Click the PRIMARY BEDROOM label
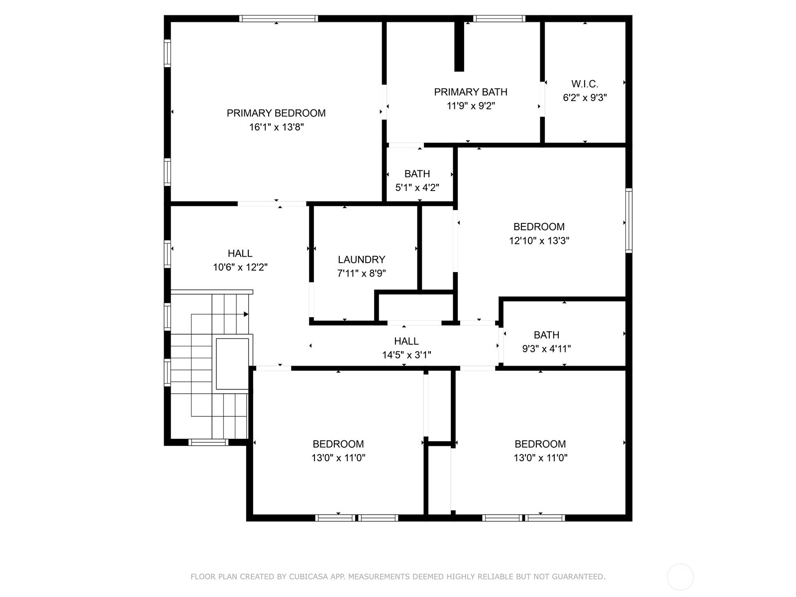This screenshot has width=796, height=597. coord(276,113)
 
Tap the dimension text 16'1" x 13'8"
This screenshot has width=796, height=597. coord(276,127)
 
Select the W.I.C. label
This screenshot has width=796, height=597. coord(585,84)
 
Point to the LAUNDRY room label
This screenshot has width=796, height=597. coord(361,260)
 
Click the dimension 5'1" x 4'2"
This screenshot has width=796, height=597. coord(417,188)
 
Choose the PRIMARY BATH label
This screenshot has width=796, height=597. coord(470,92)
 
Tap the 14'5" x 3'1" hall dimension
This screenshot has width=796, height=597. coord(406,355)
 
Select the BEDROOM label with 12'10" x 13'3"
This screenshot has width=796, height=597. coord(539,227)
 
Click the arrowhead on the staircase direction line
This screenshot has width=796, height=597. coord(246,314)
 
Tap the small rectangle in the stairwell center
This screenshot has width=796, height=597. coord(232,364)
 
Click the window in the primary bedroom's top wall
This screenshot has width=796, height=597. coord(278,19)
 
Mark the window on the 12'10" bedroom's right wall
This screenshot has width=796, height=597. coord(629,220)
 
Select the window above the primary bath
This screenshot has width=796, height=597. coord(499,19)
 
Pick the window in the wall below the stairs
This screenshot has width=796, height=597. coord(208,442)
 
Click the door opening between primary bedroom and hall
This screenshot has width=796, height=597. coord(272,203)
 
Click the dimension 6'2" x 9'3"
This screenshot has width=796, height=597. coord(585,98)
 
